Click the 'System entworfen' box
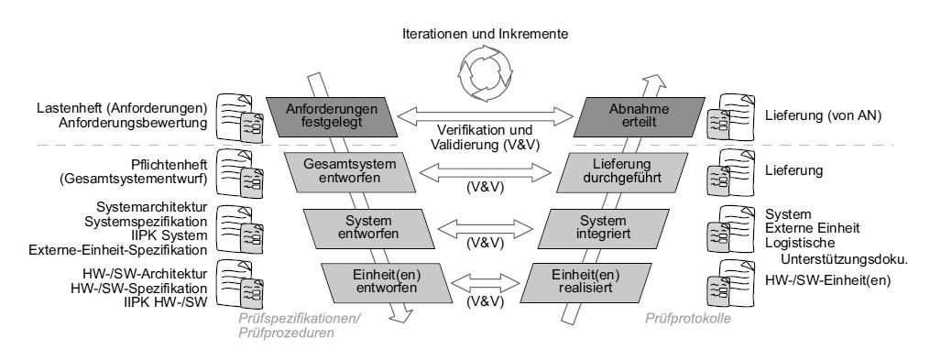click(367, 228)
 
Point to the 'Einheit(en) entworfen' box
click(387, 282)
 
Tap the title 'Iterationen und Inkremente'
click(485, 34)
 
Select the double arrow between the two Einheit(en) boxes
click(486, 282)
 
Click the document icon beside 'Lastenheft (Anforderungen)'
click(239, 117)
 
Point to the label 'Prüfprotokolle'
click(688, 319)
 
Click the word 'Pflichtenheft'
click(170, 165)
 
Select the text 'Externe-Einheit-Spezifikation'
click(117, 249)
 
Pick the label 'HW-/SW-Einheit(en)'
click(827, 280)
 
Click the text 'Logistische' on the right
click(799, 243)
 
